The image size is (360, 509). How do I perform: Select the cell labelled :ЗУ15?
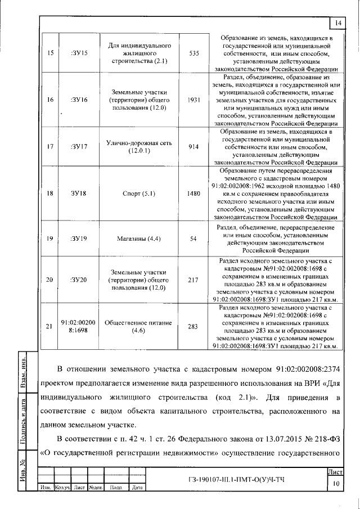78,53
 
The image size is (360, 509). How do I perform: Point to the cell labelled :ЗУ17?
78,146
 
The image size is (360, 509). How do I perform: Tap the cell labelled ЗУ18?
78,193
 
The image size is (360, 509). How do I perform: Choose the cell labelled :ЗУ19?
78,238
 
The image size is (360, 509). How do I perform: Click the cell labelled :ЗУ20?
78,280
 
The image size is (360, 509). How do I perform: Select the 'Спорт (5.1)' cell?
138,193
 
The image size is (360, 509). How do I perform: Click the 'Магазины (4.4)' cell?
138,238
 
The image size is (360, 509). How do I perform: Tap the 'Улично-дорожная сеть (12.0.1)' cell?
138,146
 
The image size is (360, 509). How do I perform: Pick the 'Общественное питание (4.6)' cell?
138,327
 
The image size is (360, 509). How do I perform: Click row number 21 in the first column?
49,327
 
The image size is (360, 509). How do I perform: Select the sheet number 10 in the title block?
335,482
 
